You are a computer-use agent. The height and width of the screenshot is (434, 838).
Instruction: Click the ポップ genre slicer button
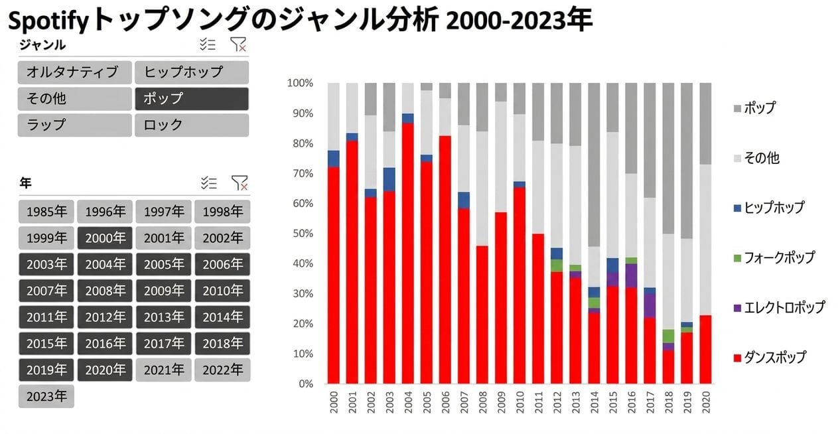click(192, 99)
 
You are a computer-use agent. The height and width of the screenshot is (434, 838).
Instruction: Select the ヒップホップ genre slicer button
click(192, 72)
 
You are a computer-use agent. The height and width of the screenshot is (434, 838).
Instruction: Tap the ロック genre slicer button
click(192, 125)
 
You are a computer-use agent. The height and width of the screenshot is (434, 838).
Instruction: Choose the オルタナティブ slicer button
click(74, 72)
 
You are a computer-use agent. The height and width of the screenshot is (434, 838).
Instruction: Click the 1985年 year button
click(46, 212)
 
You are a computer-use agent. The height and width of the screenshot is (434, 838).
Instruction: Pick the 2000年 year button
click(105, 238)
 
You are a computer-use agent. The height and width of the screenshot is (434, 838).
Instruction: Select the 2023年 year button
click(46, 396)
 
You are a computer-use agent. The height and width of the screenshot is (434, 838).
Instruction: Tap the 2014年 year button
click(222, 317)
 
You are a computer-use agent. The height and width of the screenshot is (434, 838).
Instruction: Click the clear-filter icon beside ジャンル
click(238, 44)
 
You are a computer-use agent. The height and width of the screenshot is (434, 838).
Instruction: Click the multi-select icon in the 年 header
click(208, 183)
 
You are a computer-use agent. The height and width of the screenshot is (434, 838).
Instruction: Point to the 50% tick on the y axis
click(303, 234)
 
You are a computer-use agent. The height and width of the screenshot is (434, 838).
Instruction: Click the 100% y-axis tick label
click(300, 83)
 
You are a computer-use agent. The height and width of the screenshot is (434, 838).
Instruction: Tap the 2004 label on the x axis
click(408, 402)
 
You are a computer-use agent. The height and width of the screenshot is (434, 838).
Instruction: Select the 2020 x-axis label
click(705, 402)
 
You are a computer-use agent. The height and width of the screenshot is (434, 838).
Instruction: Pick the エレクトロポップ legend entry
click(779, 307)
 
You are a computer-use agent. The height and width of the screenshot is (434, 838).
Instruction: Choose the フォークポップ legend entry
click(774, 257)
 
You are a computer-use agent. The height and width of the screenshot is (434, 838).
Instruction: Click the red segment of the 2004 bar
click(408, 253)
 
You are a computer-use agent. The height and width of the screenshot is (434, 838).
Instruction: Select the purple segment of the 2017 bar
click(650, 306)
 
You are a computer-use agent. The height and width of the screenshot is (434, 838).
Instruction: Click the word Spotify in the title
click(48, 22)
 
